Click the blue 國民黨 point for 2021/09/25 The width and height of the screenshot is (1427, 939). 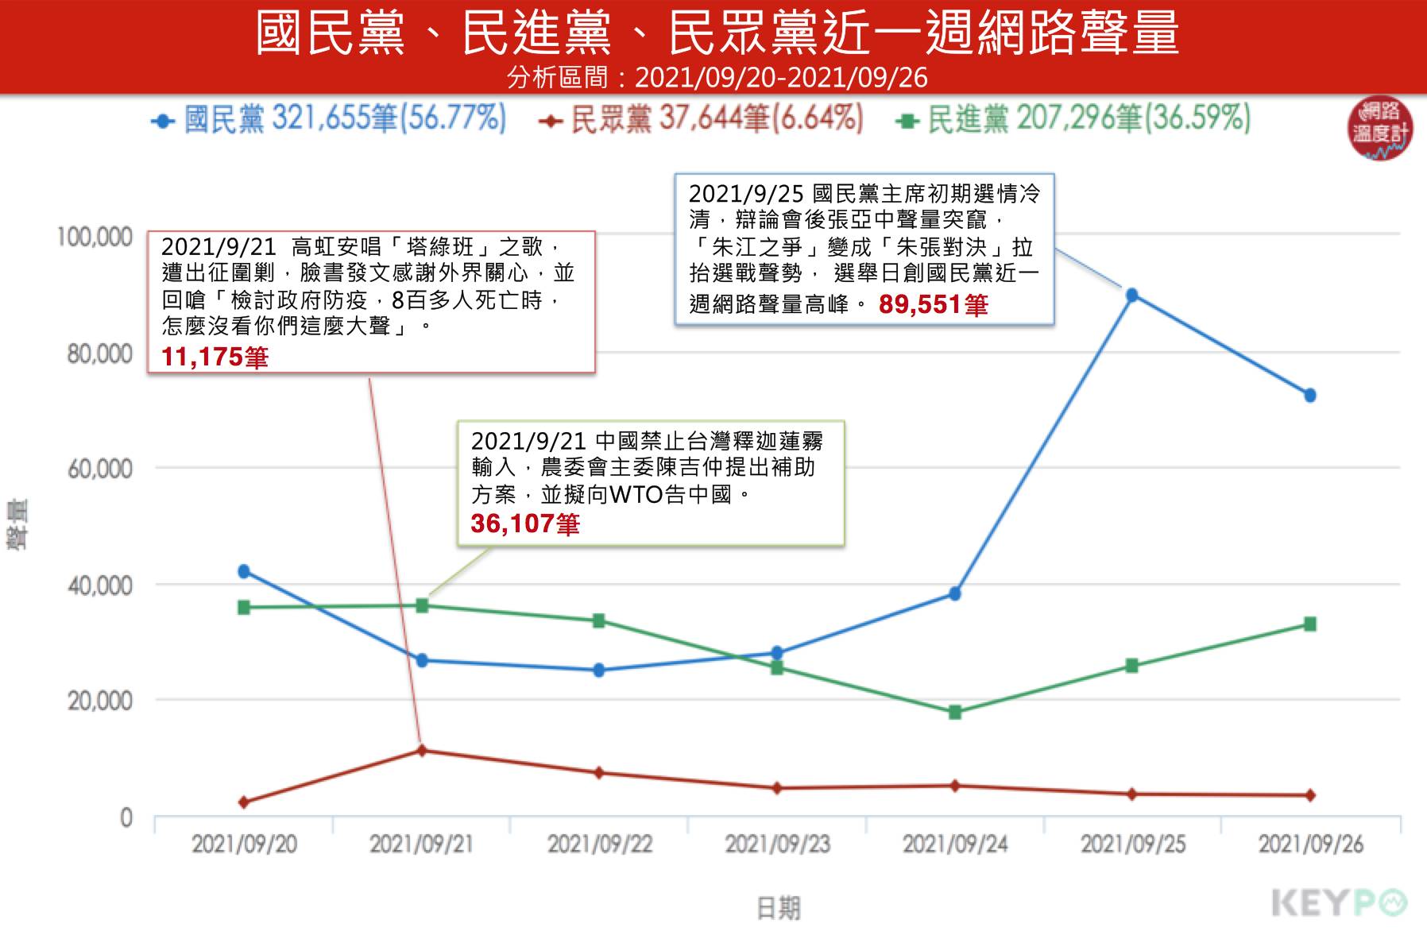point(1132,296)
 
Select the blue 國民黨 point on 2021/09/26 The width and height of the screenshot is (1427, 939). point(1310,395)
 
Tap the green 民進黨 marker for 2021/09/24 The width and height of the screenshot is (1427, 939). point(955,712)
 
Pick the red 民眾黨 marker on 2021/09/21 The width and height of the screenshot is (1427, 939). point(422,750)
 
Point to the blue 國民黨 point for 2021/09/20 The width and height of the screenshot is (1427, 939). point(244,571)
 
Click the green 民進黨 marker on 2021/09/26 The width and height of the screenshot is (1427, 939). point(1310,624)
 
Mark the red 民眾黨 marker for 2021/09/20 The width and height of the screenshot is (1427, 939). point(244,802)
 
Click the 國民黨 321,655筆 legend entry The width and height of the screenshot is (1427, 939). point(329,120)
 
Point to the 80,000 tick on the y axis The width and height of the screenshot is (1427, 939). point(99,354)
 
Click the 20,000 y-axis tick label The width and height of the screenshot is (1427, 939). point(99,701)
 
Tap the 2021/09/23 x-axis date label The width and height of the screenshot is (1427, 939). point(777,844)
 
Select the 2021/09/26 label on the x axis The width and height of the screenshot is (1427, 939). point(1311,844)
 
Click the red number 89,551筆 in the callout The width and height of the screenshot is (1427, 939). point(933,304)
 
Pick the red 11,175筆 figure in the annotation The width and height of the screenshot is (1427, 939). point(215,357)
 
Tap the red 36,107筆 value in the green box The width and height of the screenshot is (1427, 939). point(525,524)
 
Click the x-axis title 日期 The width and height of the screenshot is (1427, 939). point(779,907)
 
